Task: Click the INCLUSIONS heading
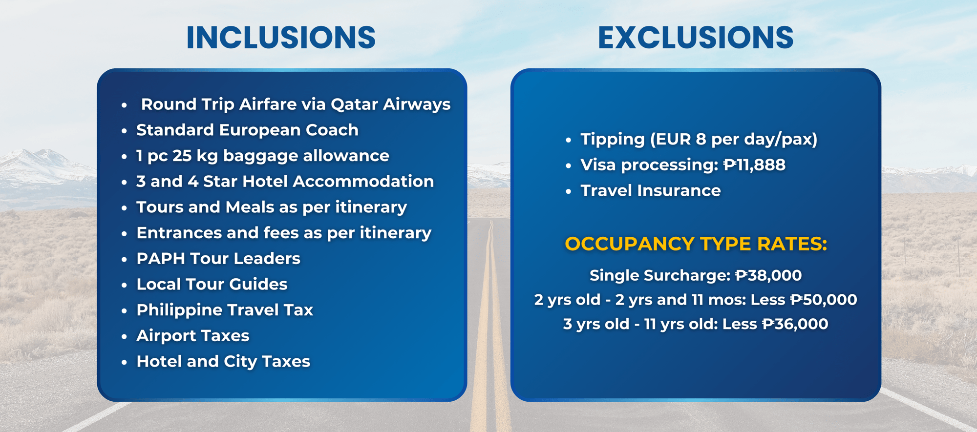(281, 38)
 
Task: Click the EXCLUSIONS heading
(696, 38)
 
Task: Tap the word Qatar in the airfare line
(354, 104)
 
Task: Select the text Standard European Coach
(247, 130)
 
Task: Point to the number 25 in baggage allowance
(182, 156)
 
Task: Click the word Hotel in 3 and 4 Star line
(265, 182)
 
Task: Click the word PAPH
(161, 259)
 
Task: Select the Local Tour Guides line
(212, 284)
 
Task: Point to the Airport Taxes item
(193, 336)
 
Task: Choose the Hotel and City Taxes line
(223, 362)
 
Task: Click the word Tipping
(613, 140)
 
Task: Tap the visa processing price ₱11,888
(754, 165)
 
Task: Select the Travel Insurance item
(651, 190)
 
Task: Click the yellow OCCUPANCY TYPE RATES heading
(696, 244)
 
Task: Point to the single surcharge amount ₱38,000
(768, 275)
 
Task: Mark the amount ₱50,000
(824, 300)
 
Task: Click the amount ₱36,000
(795, 324)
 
